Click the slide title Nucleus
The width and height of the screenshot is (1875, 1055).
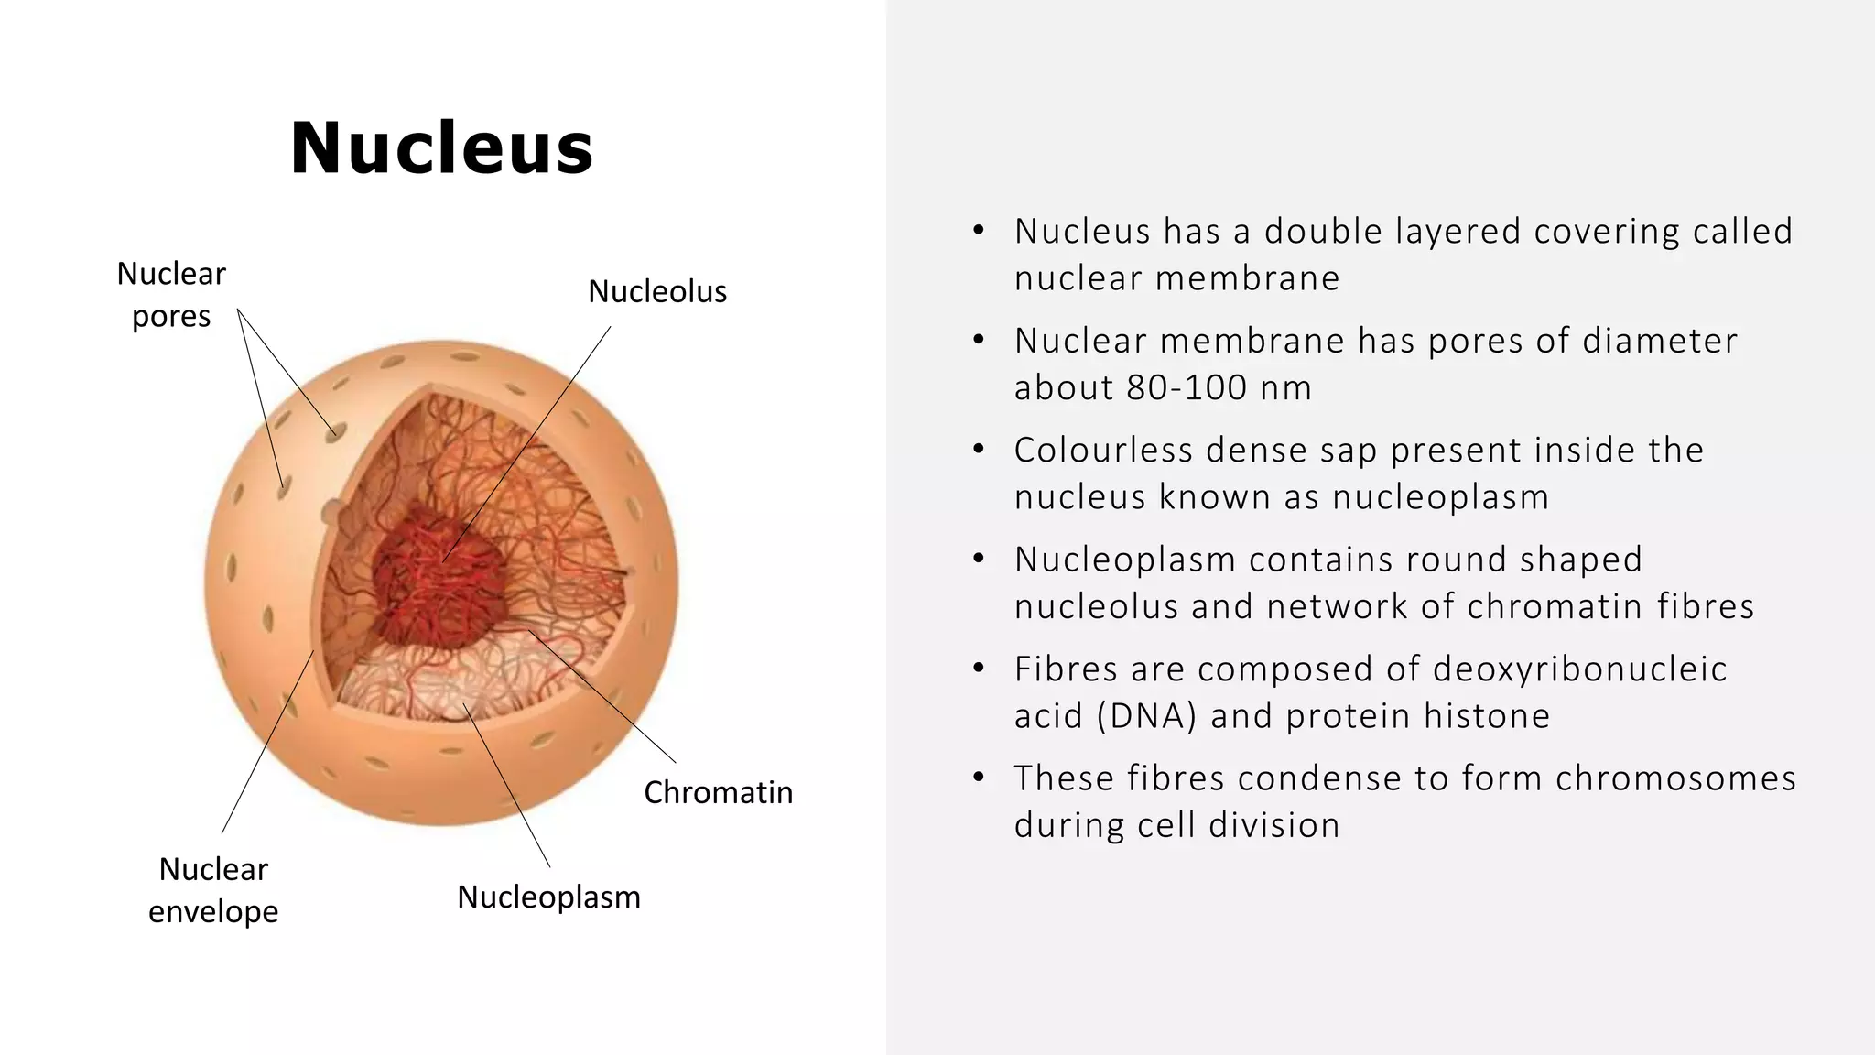tap(442, 148)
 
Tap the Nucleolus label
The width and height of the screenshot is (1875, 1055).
tap(656, 291)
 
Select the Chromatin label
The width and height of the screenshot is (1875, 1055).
tap(718, 792)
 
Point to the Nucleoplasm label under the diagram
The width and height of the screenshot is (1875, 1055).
tap(548, 897)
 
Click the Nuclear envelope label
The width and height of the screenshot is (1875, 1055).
tap(213, 889)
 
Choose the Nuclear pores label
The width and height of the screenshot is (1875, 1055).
tap(171, 294)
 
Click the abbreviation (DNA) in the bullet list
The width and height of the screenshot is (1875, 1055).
tap(1146, 715)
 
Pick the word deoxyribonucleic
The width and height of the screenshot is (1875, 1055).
tap(1579, 669)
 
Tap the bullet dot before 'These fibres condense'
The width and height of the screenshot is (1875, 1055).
tap(978, 778)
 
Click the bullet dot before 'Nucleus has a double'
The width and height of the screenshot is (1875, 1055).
tap(978, 231)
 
